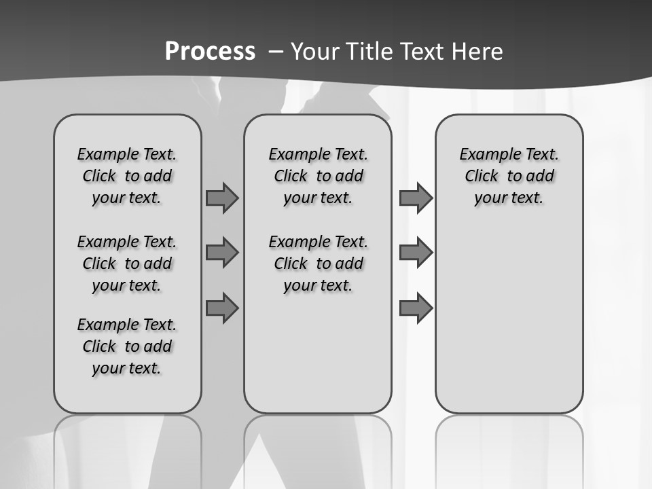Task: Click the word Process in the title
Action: (x=210, y=51)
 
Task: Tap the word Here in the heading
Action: (x=477, y=52)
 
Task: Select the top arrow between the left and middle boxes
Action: (x=222, y=198)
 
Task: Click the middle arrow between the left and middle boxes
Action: (x=222, y=253)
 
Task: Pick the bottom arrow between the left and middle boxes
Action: (x=222, y=308)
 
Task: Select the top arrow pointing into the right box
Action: (x=416, y=198)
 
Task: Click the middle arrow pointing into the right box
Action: (x=416, y=253)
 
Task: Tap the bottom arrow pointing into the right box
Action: (x=416, y=308)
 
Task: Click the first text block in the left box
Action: (x=127, y=176)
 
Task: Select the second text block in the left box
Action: (x=127, y=264)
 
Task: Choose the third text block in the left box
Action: (x=127, y=346)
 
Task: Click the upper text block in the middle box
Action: (x=318, y=176)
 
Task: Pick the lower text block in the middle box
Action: (x=318, y=264)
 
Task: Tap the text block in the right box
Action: (x=509, y=176)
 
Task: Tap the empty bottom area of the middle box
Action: (x=318, y=360)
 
